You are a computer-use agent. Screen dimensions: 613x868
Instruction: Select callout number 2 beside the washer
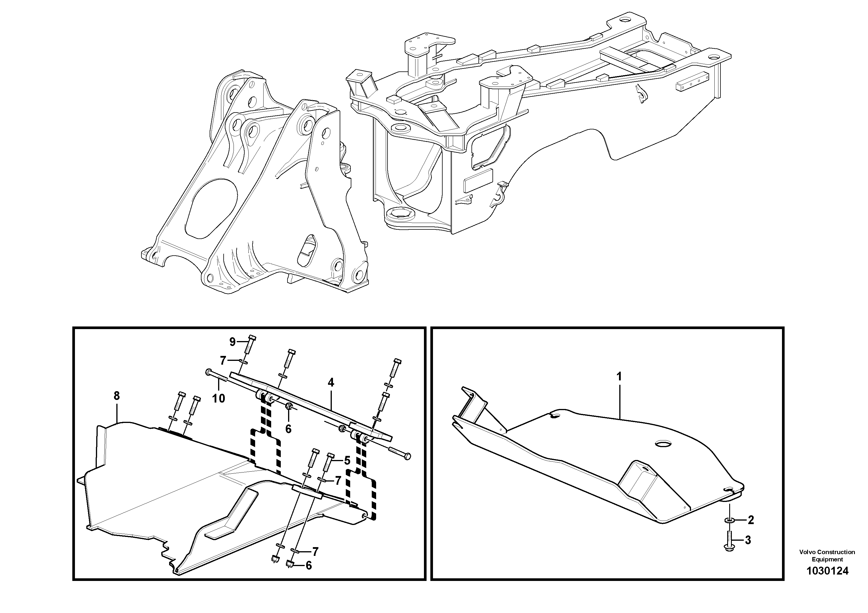point(751,520)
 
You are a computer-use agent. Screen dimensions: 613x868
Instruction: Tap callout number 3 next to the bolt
point(748,540)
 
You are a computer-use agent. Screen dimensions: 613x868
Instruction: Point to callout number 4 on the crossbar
point(331,382)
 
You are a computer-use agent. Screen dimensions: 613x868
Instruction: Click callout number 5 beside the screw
point(347,460)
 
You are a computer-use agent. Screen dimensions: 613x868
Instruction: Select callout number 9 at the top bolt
point(232,342)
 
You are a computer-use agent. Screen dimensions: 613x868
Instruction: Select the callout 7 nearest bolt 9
point(223,361)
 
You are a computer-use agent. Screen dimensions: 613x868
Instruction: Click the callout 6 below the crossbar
point(288,429)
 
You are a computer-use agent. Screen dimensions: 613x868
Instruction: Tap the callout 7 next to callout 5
point(338,481)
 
